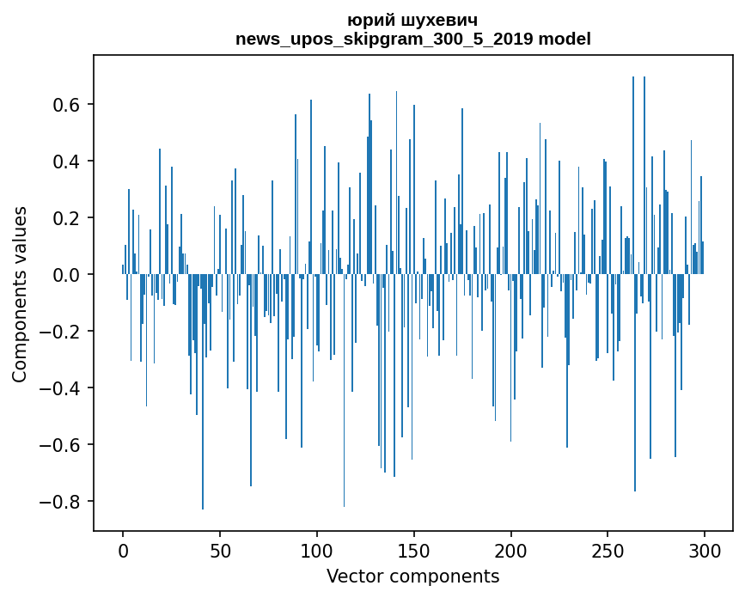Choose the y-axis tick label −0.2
coord(60,332)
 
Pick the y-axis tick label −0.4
coord(60,388)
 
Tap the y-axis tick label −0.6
coord(60,445)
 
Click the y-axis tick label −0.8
coord(60,502)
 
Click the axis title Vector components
coord(412,577)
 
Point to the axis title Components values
coord(20,294)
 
